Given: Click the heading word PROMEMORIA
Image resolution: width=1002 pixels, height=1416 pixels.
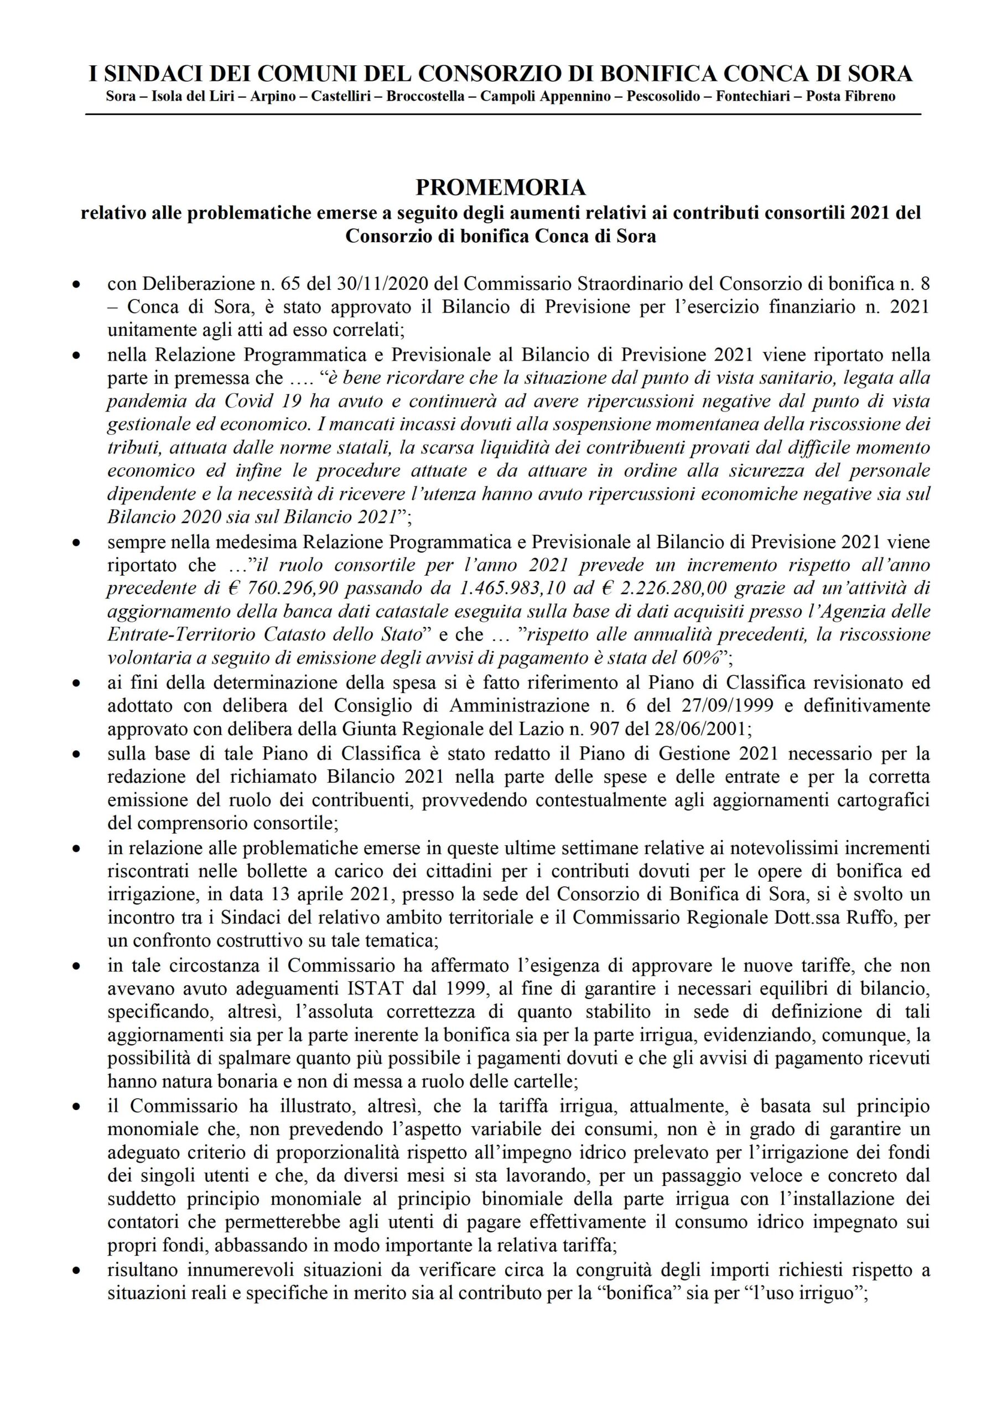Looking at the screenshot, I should pyautogui.click(x=500, y=188).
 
